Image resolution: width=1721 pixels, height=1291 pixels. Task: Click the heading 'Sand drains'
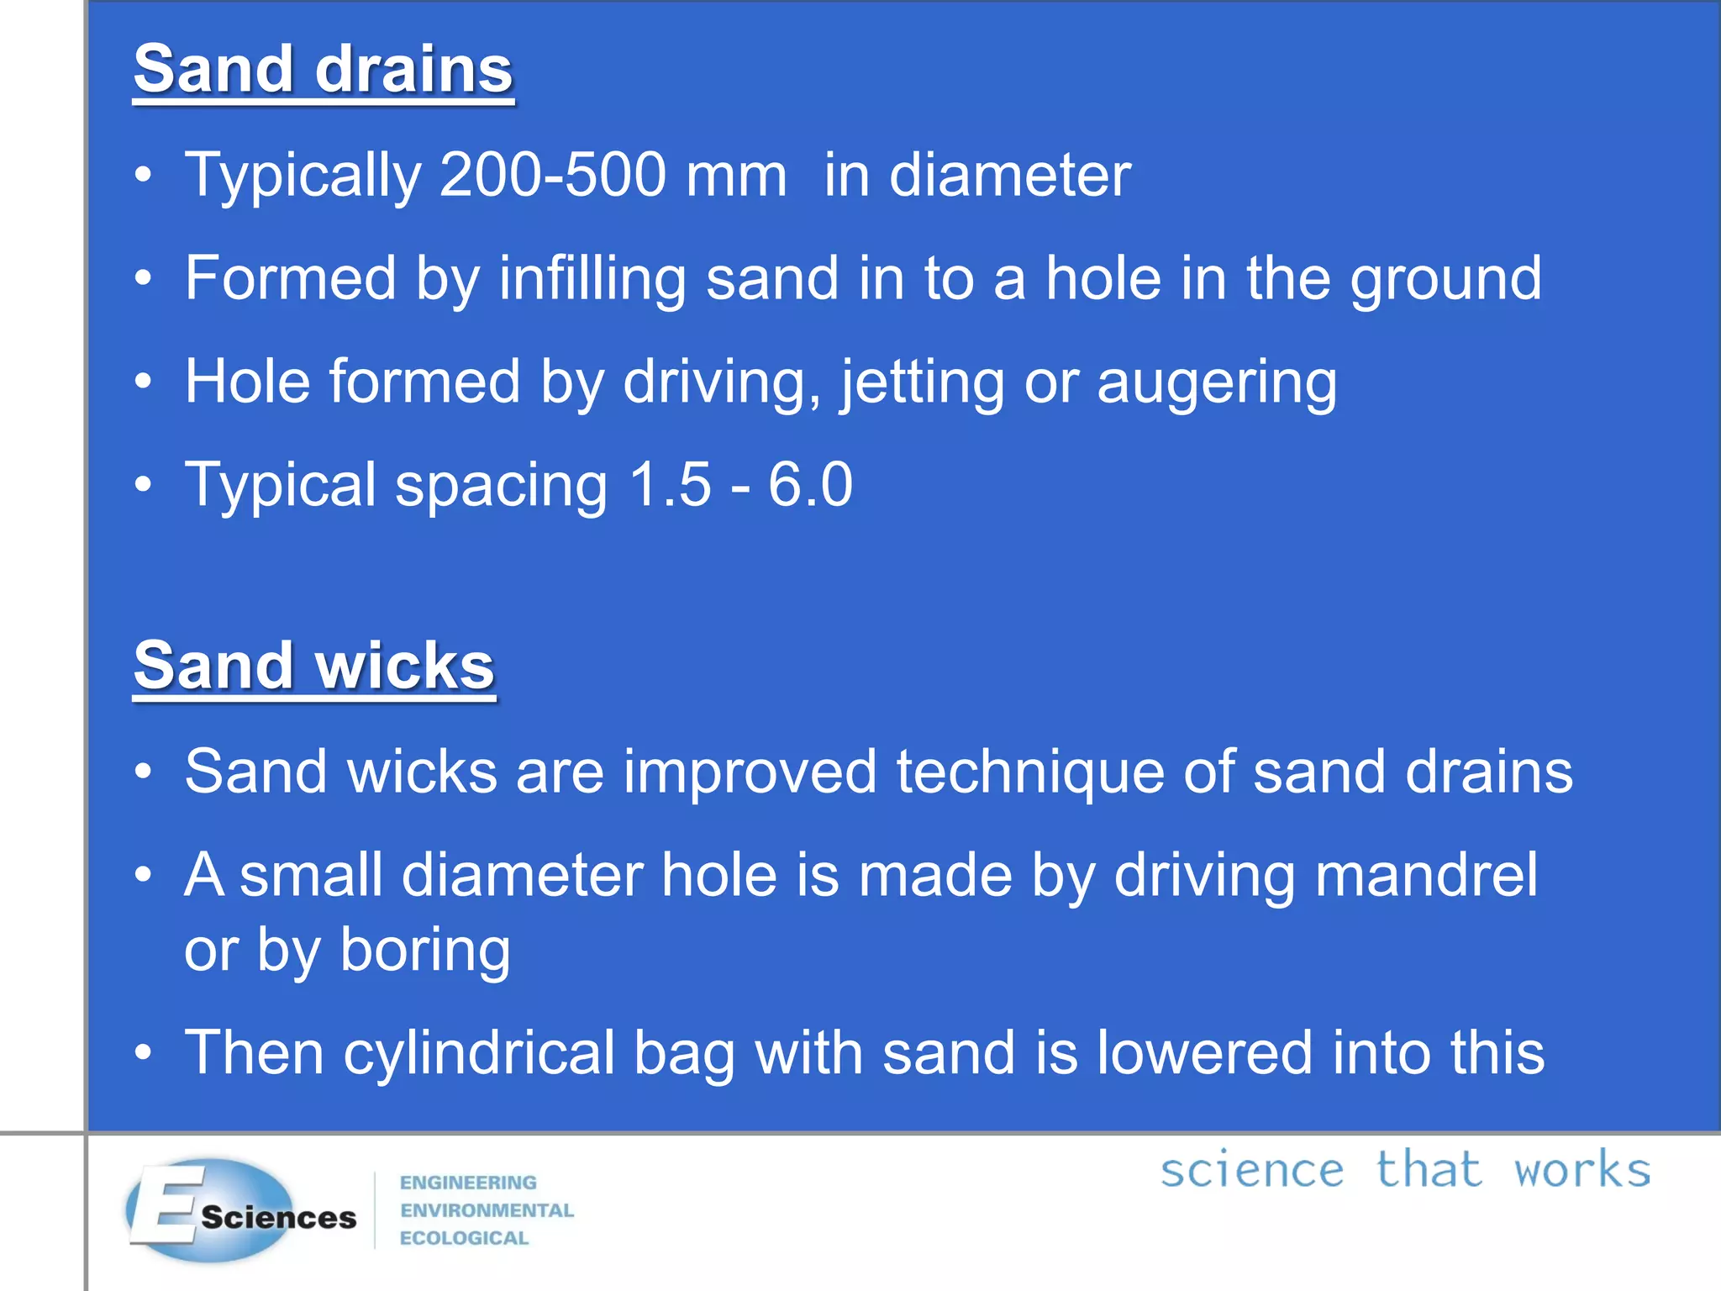coord(323,71)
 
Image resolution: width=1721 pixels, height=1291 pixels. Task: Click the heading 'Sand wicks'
coord(313,667)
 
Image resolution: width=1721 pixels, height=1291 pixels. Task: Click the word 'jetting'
coord(922,383)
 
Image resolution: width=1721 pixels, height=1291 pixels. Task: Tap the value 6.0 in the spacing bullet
coord(810,485)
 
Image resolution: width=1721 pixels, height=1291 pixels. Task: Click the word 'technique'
coord(1030,772)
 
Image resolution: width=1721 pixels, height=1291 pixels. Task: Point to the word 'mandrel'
coord(1426,875)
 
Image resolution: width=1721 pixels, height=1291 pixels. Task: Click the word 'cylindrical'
coord(479,1054)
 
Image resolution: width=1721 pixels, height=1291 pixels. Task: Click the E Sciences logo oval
coord(210,1209)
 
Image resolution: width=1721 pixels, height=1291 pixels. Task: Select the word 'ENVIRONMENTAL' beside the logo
coord(487,1210)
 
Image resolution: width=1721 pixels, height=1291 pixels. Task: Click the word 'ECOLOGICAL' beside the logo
coord(464,1238)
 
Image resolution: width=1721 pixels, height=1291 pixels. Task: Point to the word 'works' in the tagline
coord(1582,1171)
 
